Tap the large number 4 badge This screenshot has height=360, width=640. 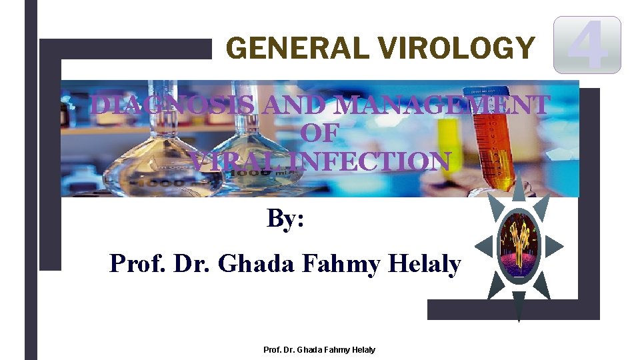click(588, 45)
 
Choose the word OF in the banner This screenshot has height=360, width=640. click(320, 133)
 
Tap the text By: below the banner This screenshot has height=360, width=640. click(286, 218)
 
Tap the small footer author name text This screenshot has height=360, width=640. click(320, 349)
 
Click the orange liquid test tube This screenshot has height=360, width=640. click(494, 147)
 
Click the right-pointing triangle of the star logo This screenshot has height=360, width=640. click(555, 245)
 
